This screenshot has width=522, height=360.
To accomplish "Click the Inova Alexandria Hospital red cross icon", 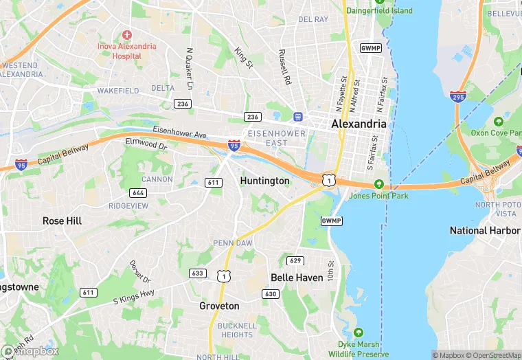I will (126, 34).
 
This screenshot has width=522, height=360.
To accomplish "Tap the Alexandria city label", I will (359, 124).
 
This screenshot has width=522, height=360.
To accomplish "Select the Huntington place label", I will (264, 181).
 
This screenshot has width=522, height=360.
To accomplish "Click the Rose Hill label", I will (63, 221).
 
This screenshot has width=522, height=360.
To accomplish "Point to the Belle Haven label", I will (297, 278).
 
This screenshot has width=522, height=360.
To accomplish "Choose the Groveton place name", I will (219, 306).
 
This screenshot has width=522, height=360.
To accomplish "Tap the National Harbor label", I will (484, 230).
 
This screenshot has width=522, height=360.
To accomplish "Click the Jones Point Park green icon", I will (378, 184).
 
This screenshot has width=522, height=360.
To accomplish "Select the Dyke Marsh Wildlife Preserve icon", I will (341, 344).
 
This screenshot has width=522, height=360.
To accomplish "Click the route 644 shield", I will (137, 192).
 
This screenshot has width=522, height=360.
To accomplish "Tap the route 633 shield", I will (198, 273).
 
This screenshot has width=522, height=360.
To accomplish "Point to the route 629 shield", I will (295, 260).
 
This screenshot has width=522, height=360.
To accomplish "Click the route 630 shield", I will (271, 293).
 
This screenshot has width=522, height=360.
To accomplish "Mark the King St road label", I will (242, 57).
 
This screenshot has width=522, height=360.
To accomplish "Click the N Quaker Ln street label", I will (189, 69).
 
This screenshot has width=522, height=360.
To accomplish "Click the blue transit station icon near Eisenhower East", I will (298, 116).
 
